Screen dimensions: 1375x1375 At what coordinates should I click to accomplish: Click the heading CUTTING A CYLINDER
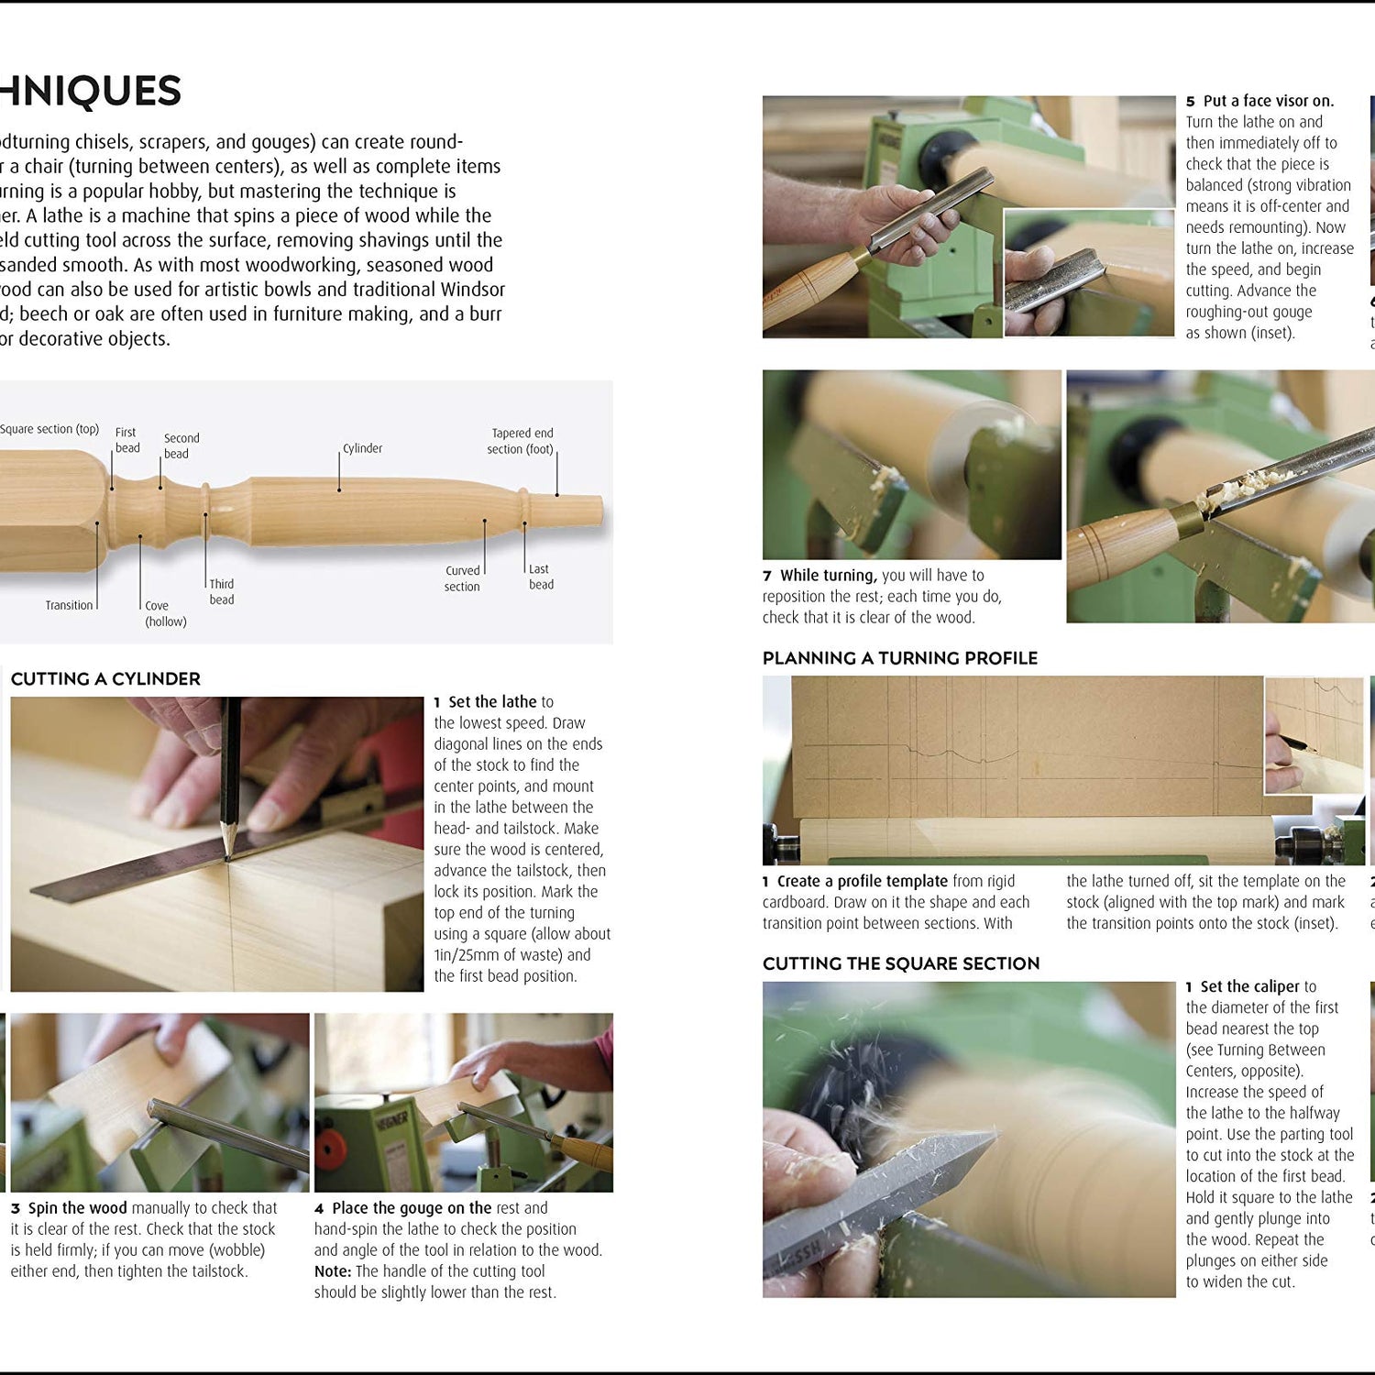coord(105,679)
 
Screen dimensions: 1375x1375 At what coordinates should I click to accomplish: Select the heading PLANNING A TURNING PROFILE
coord(899,658)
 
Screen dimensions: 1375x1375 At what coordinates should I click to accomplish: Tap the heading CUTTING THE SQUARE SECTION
coord(900,963)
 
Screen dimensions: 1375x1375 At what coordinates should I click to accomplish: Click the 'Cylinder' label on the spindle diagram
coord(362,448)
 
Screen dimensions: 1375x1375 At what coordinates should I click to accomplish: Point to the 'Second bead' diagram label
coord(181,445)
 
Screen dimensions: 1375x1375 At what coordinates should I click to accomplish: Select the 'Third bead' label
coord(221,591)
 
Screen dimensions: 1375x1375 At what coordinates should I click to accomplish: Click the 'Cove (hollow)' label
coord(165,613)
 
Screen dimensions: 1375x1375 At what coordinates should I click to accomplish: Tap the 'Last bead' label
coord(541,577)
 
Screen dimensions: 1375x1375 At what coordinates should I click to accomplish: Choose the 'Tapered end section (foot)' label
coord(521,441)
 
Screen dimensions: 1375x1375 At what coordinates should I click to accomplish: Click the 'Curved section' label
coord(462,578)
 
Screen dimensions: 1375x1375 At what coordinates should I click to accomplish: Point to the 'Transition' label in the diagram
coord(69,605)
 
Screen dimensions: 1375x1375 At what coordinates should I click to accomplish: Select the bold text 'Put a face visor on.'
coord(1268,101)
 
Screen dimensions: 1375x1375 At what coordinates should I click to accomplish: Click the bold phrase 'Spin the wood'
coord(77,1208)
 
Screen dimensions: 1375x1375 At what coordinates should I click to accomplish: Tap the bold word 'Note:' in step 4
coord(333,1271)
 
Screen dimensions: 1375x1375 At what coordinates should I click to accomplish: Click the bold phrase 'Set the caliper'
coord(1249,986)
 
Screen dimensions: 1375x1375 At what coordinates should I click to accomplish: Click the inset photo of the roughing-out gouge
coord(1088,272)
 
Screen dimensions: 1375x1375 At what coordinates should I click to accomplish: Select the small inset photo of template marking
coord(1314,735)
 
